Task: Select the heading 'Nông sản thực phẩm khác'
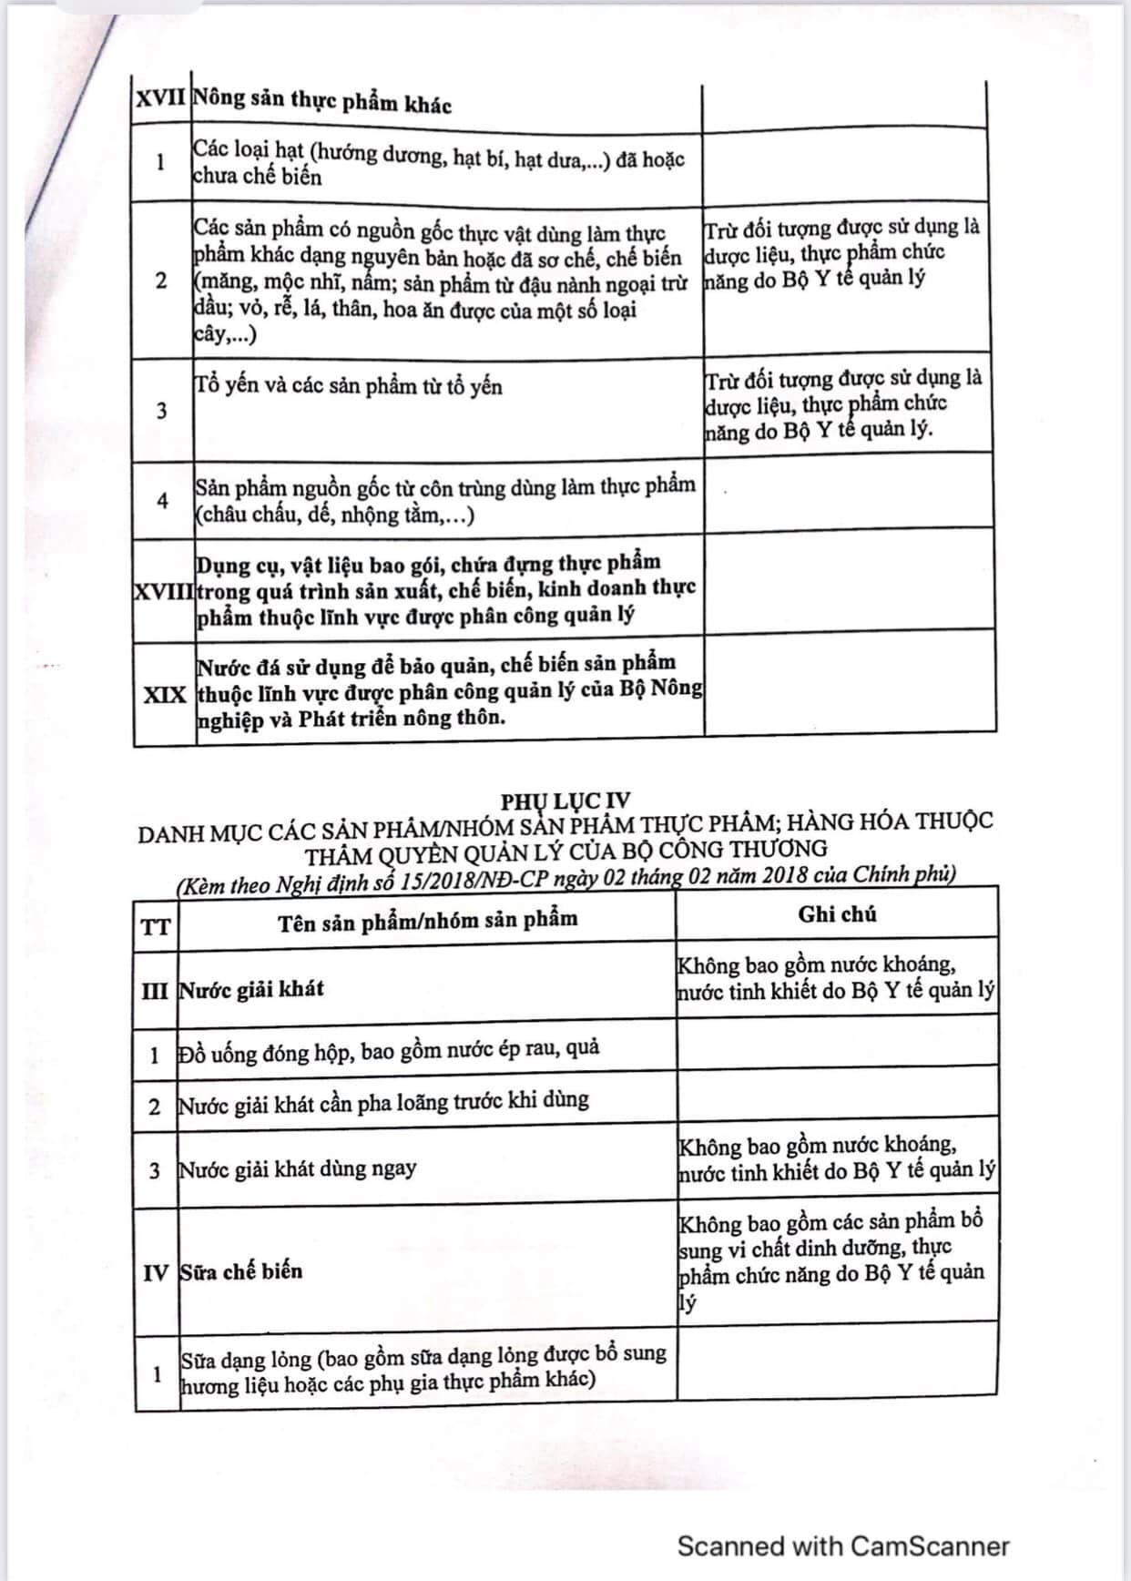pyautogui.click(x=322, y=101)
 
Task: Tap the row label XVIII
pyautogui.click(x=164, y=590)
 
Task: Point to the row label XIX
pyautogui.click(x=165, y=694)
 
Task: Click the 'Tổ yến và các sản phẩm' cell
pyautogui.click(x=348, y=386)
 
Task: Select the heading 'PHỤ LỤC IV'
pyautogui.click(x=565, y=801)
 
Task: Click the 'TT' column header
pyautogui.click(x=155, y=927)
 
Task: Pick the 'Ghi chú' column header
pyautogui.click(x=837, y=914)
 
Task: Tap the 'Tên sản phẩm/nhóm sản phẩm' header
pyautogui.click(x=427, y=921)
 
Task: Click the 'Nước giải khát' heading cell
pyautogui.click(x=251, y=989)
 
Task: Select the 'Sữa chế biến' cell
pyautogui.click(x=241, y=1271)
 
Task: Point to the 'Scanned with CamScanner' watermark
pyautogui.click(x=843, y=1545)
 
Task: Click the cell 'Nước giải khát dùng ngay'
pyautogui.click(x=298, y=1168)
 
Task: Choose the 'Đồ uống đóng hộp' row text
pyautogui.click(x=389, y=1050)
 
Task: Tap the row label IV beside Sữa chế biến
pyautogui.click(x=156, y=1272)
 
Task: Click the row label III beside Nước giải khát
pyautogui.click(x=155, y=991)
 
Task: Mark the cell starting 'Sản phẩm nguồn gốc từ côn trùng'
pyautogui.click(x=445, y=501)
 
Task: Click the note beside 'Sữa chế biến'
pyautogui.click(x=831, y=1261)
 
